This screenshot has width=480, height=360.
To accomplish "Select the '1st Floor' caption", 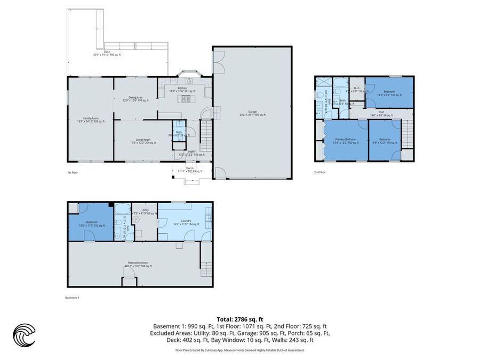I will point(73,173).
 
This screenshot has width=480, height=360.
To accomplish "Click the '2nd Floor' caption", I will point(320,172).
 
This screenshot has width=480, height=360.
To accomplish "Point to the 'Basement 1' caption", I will point(72,298).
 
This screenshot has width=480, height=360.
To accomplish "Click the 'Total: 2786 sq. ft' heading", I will point(239,319).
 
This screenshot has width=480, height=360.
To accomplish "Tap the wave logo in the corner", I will point(24,335).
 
